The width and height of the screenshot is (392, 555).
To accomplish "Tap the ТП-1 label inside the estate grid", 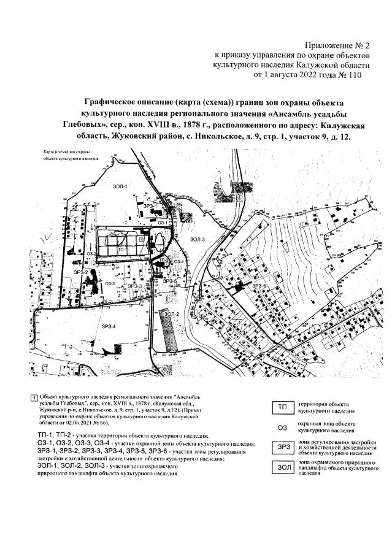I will click(121, 250).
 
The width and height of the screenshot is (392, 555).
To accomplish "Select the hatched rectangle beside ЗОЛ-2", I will click(166, 331).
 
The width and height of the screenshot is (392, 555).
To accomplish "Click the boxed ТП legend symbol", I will click(282, 408).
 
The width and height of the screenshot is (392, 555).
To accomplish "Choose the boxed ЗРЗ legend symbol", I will click(282, 448).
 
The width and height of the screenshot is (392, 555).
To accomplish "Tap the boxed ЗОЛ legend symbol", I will click(282, 468).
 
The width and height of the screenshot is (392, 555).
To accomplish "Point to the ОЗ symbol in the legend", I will click(282, 427).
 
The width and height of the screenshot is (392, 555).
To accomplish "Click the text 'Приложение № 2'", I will click(337, 45).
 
